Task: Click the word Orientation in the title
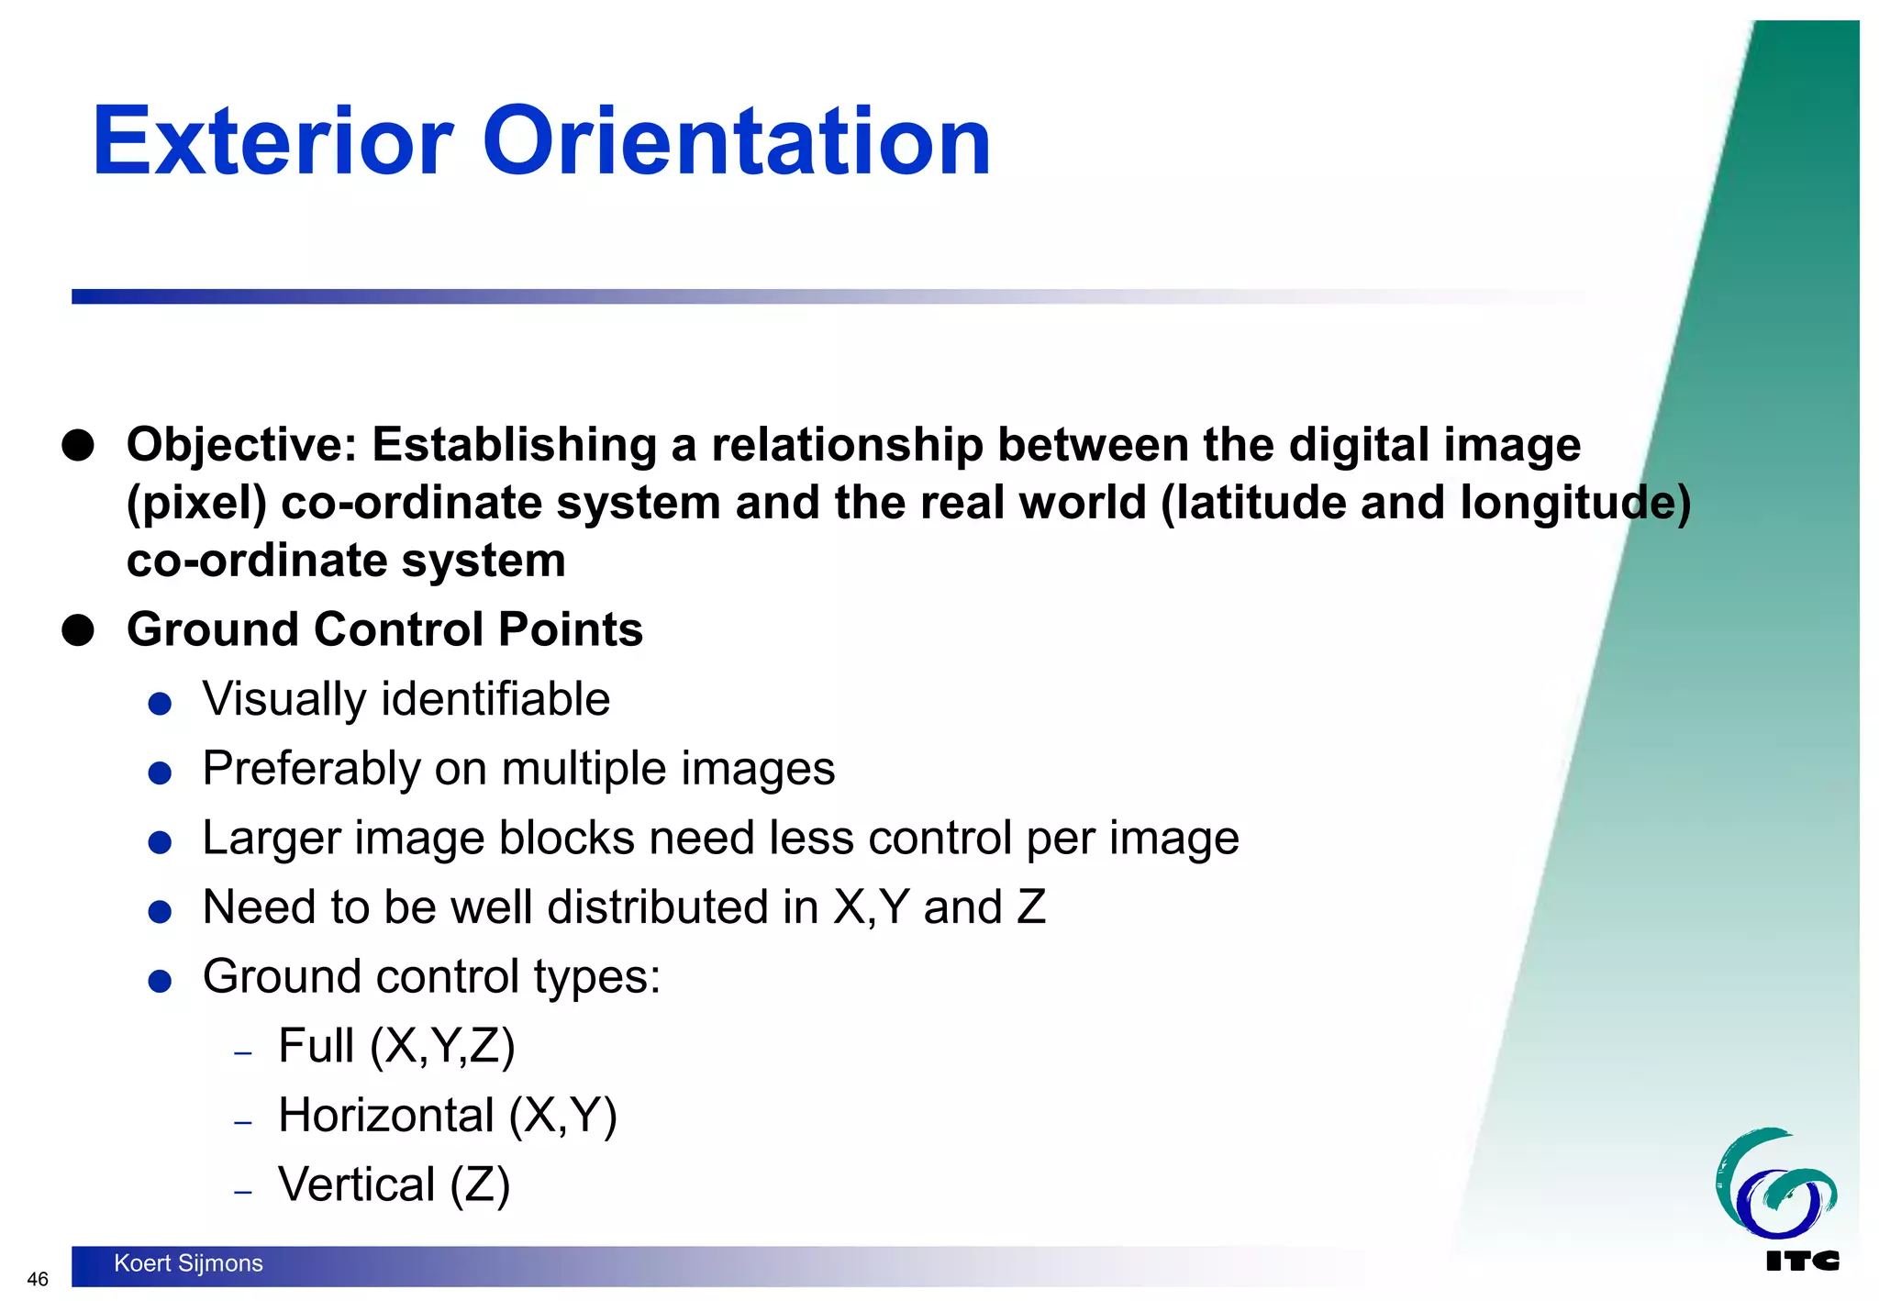(x=736, y=141)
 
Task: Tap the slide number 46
(x=38, y=1279)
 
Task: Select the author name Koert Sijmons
(x=188, y=1263)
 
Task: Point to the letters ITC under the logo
(x=1801, y=1262)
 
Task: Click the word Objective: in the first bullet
(x=241, y=446)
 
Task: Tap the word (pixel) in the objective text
(x=196, y=504)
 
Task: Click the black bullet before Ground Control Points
(x=78, y=631)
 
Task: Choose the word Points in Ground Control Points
(x=570, y=630)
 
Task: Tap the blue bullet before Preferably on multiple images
(x=160, y=773)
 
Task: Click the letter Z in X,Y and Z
(x=1031, y=907)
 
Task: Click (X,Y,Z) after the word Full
(x=442, y=1047)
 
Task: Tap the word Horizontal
(x=386, y=1116)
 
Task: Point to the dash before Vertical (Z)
(x=242, y=1192)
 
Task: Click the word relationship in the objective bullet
(x=847, y=446)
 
